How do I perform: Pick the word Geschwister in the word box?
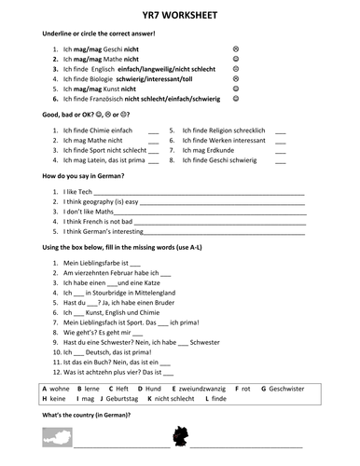[284, 387]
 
